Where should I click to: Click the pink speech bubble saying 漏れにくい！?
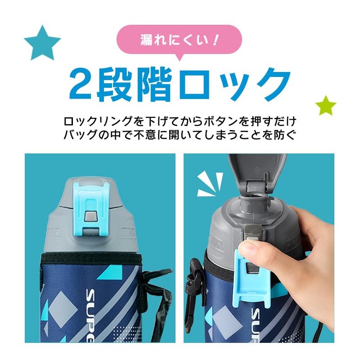coord(179,40)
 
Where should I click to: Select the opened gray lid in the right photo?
coord(257,171)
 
